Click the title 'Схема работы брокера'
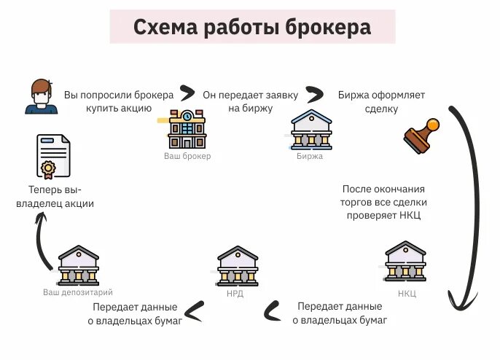[x=252, y=28]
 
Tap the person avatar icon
[x=41, y=96]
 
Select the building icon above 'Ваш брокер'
[x=187, y=129]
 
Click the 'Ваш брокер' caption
[x=187, y=156]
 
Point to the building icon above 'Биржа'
[x=310, y=130]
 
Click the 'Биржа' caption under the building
[x=310, y=156]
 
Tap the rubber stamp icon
[x=421, y=136]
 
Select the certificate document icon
[x=51, y=157]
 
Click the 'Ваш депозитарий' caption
[x=78, y=292]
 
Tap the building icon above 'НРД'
[x=238, y=266]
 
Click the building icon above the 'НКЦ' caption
[x=405, y=262]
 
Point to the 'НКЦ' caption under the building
[x=407, y=294]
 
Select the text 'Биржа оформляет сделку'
[x=381, y=102]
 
